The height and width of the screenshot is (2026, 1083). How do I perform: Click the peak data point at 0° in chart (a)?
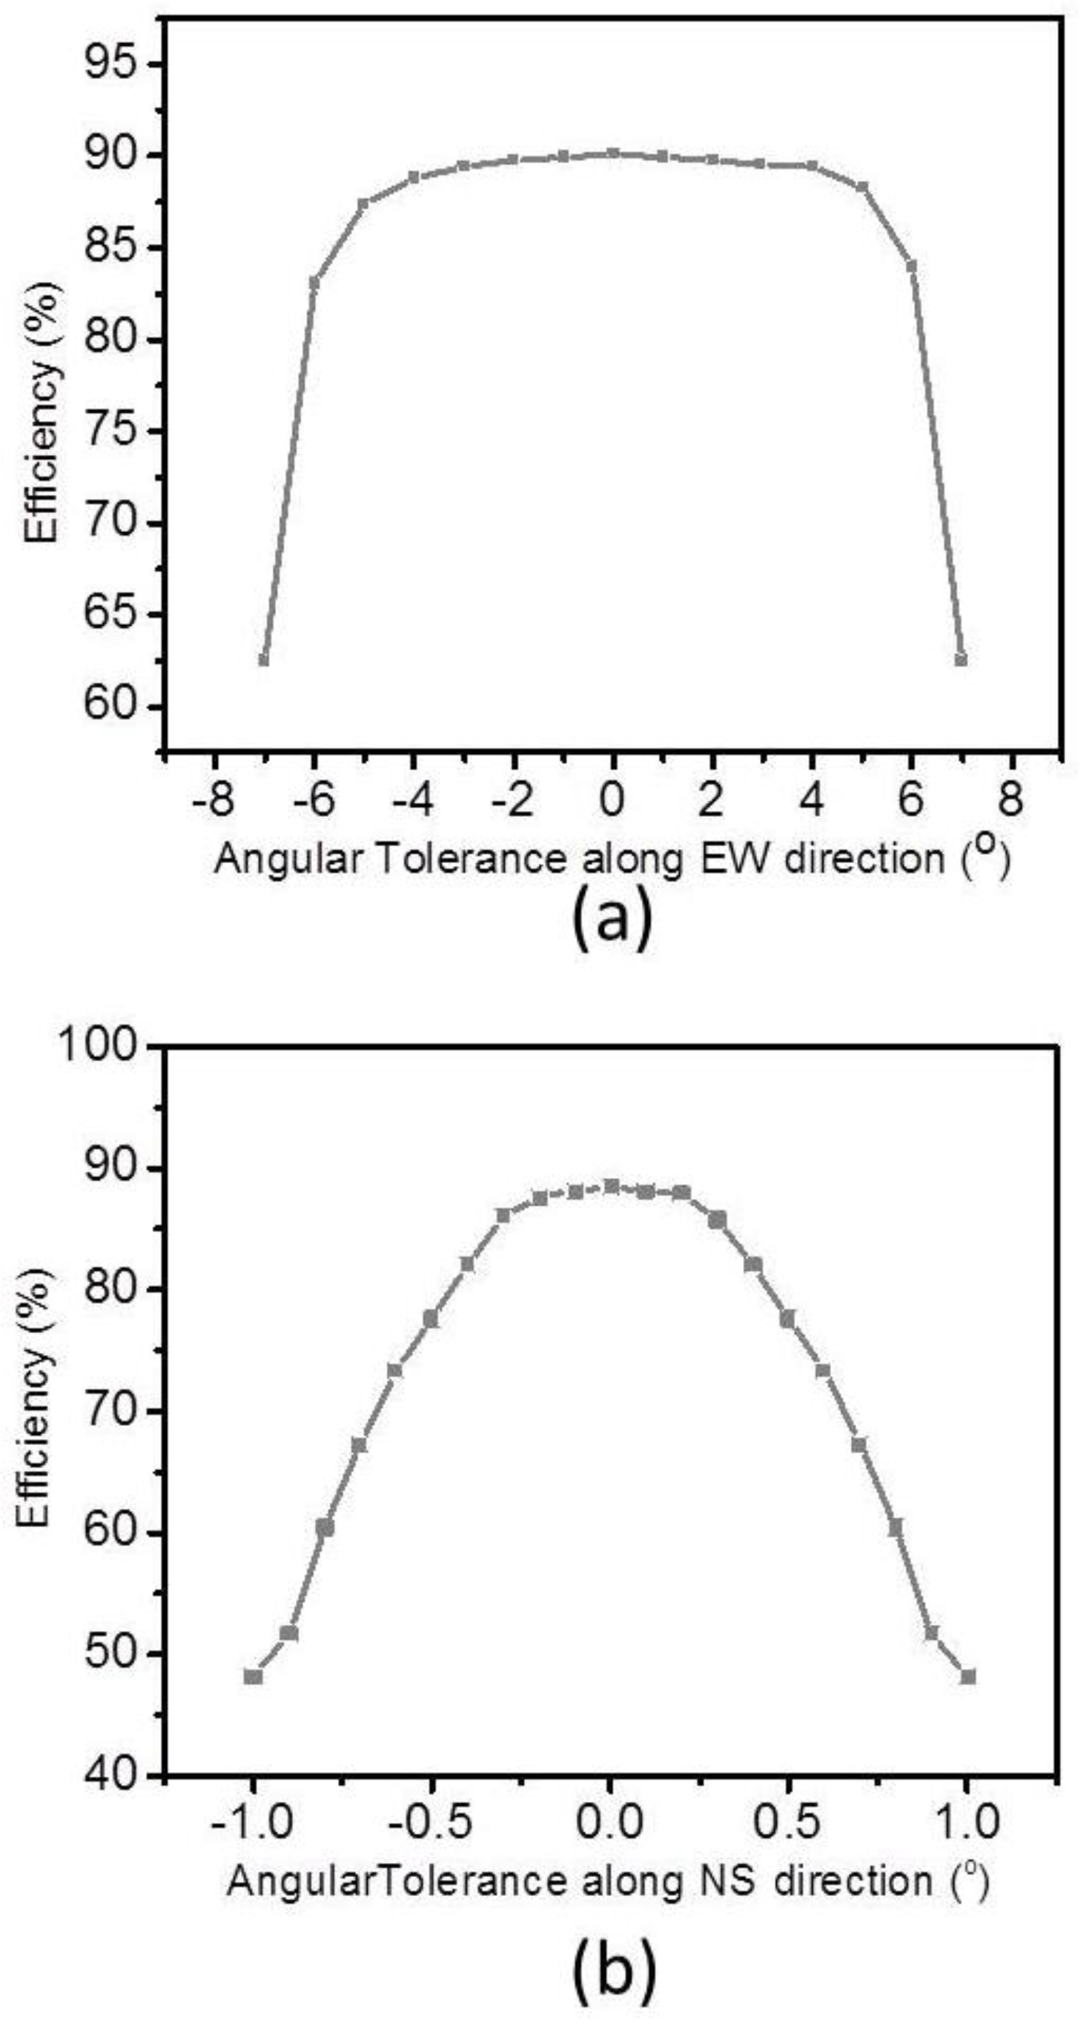614,153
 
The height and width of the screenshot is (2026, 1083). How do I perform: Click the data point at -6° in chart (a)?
314,281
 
